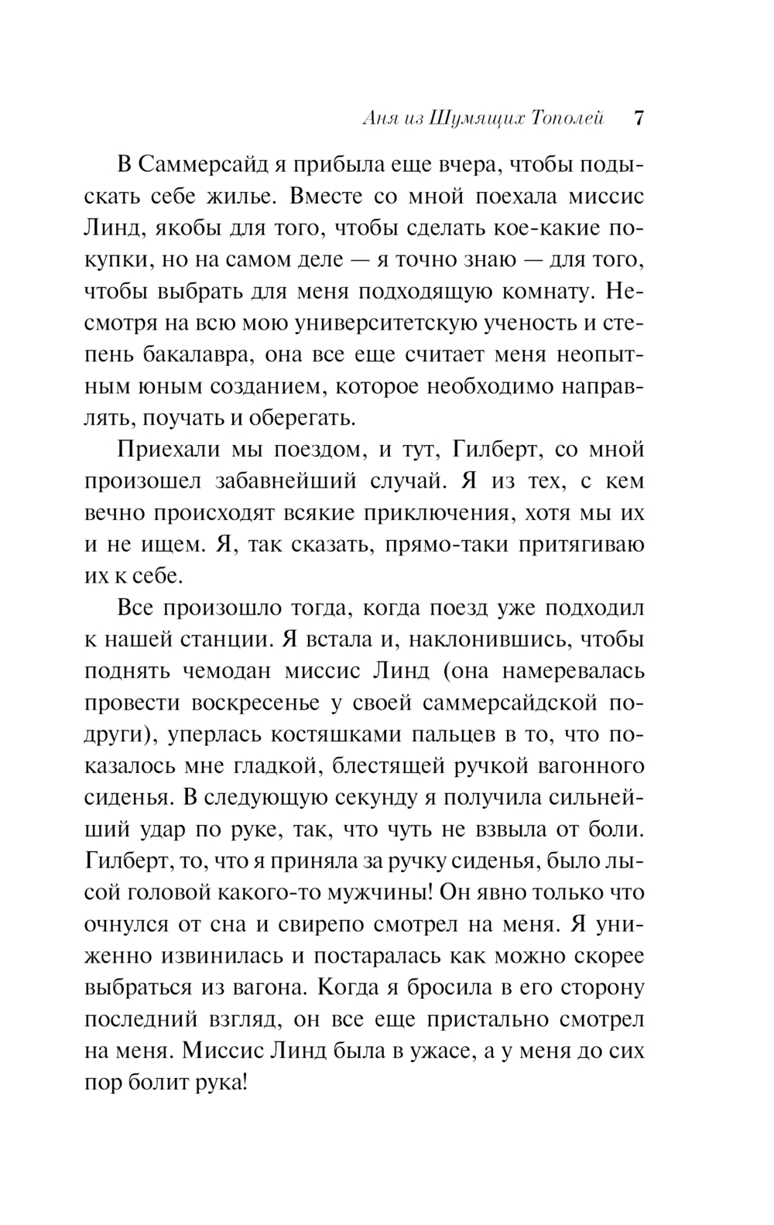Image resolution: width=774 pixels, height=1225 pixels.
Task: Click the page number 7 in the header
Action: [x=639, y=119]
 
